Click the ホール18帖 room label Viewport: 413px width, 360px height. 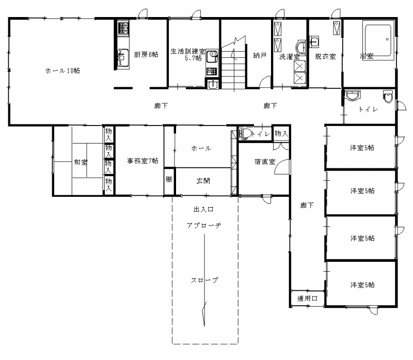click(62, 71)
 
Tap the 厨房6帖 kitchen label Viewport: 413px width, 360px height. click(146, 55)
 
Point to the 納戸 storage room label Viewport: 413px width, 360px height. click(260, 55)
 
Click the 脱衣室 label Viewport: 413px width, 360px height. click(325, 56)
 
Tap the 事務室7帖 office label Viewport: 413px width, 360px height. click(142, 161)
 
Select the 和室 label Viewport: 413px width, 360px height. click(81, 162)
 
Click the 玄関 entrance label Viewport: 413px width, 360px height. click(203, 181)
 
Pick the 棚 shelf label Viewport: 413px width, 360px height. click(169, 179)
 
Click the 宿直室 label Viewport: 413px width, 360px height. click(265, 162)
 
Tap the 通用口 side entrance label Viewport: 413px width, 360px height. click(307, 299)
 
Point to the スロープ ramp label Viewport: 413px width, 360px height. click(204, 280)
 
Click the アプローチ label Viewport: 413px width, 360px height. click(203, 225)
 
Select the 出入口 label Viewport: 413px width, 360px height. click(203, 209)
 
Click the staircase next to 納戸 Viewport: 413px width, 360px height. click(233, 63)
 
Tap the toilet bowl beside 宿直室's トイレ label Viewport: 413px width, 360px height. click(244, 134)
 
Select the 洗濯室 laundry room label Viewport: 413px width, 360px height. click(290, 57)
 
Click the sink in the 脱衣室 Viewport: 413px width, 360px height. click(314, 42)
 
